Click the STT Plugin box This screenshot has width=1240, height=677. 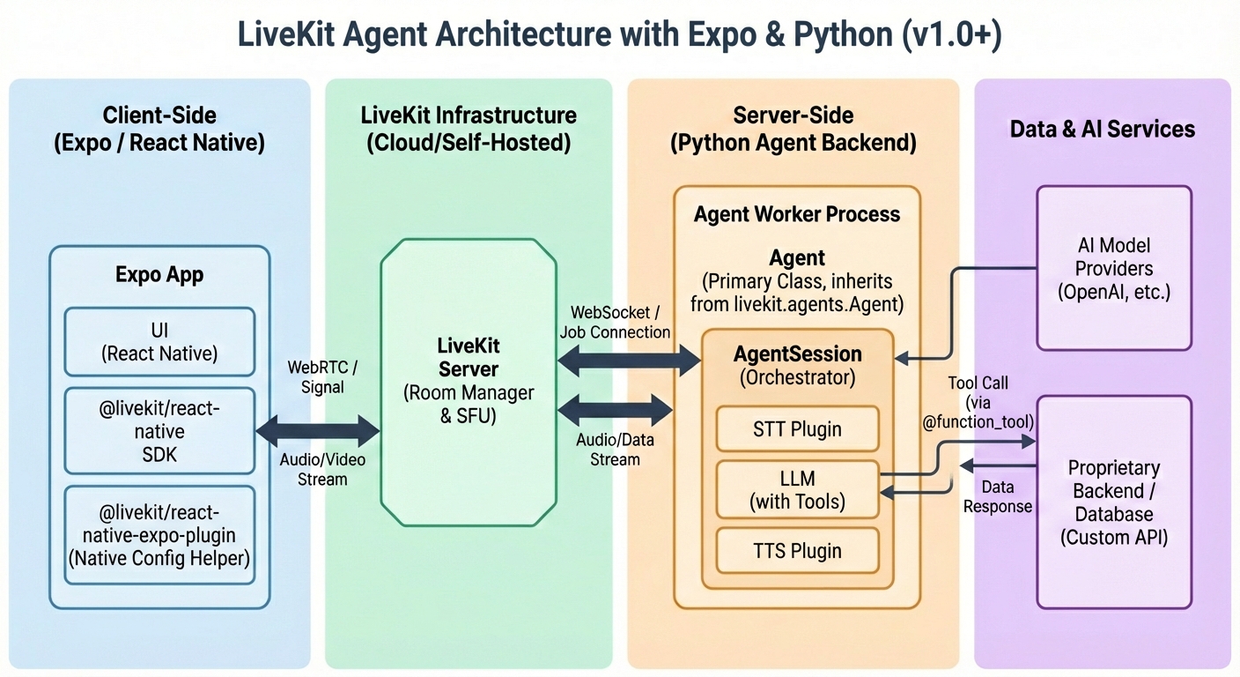[797, 429]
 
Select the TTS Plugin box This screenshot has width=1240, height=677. [797, 551]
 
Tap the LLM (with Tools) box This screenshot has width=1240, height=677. [797, 490]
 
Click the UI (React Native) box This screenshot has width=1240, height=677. [159, 342]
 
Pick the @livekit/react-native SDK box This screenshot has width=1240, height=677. [159, 431]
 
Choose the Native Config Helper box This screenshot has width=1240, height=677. [159, 535]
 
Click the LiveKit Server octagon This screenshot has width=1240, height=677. [468, 381]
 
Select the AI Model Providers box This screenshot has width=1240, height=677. [1114, 268]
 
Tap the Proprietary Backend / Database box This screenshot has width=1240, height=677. [1114, 502]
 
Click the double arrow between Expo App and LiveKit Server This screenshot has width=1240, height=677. [317, 431]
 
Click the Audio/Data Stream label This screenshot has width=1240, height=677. [615, 449]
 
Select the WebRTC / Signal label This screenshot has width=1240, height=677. [323, 376]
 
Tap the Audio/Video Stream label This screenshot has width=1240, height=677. [323, 470]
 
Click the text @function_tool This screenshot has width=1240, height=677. [978, 422]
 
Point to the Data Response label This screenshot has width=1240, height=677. [997, 497]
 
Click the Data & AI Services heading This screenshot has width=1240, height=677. [1102, 129]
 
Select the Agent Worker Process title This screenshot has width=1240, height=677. [797, 214]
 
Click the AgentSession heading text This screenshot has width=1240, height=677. [797, 353]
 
